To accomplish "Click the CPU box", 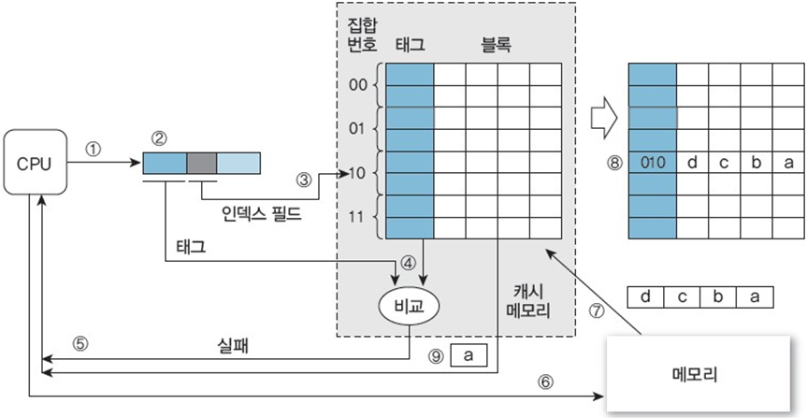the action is (36, 165).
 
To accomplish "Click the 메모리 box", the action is (693, 373).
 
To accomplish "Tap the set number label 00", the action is (358, 84).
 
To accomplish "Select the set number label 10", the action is (358, 173).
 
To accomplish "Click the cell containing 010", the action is (652, 161).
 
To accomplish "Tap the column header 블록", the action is (496, 44).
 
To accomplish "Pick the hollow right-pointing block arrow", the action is (603, 119).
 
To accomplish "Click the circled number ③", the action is (302, 178).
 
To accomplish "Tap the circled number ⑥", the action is (545, 381).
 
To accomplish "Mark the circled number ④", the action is (408, 263).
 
